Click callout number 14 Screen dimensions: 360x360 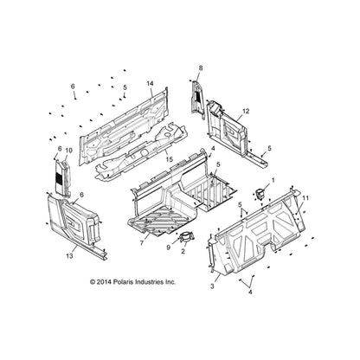coord(150,84)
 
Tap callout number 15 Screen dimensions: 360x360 coord(169,159)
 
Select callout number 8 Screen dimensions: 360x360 coord(201,67)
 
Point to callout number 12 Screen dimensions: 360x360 coord(246,111)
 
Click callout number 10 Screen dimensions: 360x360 coord(69,151)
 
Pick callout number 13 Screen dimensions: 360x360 coord(69,256)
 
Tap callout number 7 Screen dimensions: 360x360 coord(142,243)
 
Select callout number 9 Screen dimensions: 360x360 coord(168,247)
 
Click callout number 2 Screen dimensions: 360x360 coord(183,251)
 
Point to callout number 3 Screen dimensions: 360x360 coord(213,286)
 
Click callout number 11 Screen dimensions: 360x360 coord(305,198)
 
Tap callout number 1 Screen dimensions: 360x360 coord(273,180)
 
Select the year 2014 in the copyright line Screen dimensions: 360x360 coord(103,282)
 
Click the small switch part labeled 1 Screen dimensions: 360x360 coord(260,194)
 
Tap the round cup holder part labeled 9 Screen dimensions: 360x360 coord(186,237)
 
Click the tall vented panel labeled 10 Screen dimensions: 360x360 coord(63,177)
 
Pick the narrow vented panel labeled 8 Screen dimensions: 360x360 coord(198,100)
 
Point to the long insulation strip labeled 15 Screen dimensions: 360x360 coord(141,150)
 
